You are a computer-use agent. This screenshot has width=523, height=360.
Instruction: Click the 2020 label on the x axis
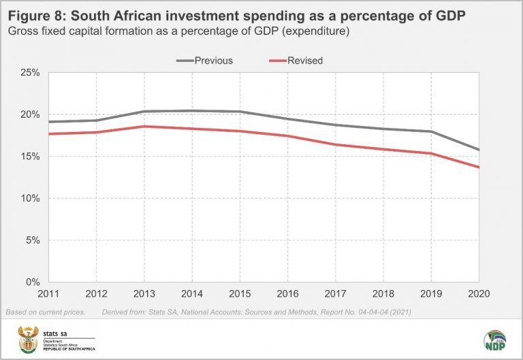pos(479,295)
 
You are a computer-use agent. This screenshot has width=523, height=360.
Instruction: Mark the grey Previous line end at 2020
pos(479,150)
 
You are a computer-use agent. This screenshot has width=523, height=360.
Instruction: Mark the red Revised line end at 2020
pos(479,167)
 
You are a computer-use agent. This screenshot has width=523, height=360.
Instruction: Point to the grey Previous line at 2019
pos(430,131)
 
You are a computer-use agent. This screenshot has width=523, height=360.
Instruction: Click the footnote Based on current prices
pos(45,312)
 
